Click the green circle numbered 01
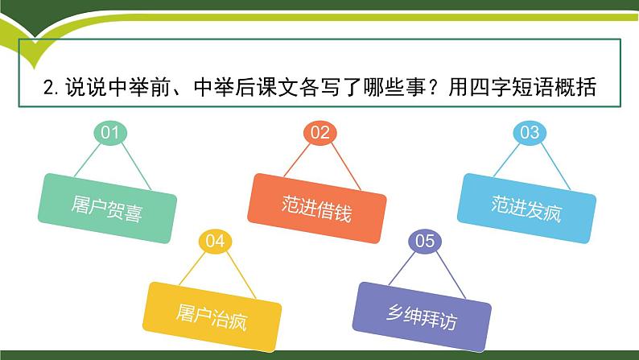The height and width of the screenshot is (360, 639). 110,132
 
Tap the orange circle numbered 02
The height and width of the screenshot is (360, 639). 320,132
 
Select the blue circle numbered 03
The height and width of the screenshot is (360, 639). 529,132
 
